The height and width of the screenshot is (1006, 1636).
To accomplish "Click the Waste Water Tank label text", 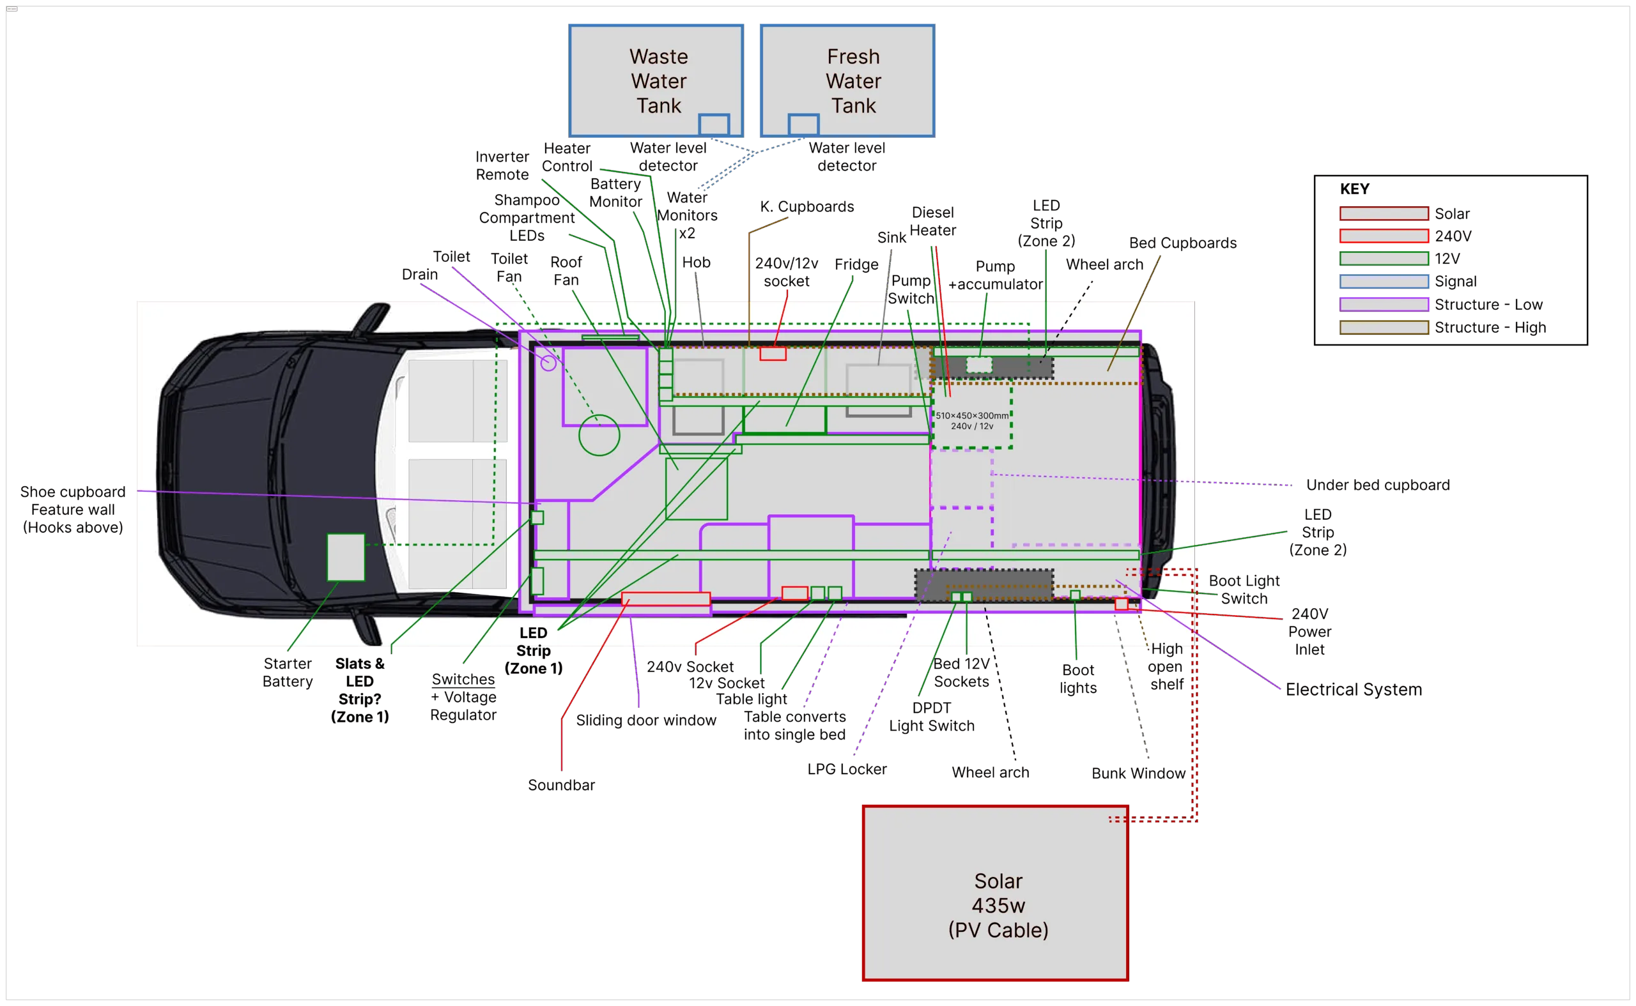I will (658, 80).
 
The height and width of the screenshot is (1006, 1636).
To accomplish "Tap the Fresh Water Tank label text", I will (853, 80).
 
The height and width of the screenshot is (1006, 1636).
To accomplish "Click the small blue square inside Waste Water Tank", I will (713, 125).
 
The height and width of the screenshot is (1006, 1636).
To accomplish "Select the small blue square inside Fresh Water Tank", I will (803, 125).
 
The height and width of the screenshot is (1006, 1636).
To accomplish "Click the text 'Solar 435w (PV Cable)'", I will (998, 905).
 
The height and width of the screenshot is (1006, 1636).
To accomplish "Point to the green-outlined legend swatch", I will (1384, 258).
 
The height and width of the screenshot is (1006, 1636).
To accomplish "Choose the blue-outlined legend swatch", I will (1384, 282).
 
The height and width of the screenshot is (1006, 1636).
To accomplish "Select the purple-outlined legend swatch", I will (1384, 304).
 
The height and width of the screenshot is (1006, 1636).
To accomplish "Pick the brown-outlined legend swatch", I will (1384, 327).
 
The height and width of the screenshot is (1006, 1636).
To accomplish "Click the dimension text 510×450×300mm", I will (972, 416).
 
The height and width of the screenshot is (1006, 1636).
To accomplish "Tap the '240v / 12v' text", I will (972, 427).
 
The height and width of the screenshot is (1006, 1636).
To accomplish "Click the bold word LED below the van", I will (533, 633).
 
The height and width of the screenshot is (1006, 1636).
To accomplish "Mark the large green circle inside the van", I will (599, 435).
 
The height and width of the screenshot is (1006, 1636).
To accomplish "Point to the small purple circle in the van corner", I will (548, 363).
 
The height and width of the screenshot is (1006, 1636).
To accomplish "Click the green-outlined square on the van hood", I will (346, 557).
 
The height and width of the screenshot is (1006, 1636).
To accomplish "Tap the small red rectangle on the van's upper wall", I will (773, 354).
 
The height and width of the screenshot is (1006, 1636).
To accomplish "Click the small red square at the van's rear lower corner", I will (1122, 604).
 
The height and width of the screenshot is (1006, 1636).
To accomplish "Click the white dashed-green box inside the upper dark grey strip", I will (978, 365).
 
